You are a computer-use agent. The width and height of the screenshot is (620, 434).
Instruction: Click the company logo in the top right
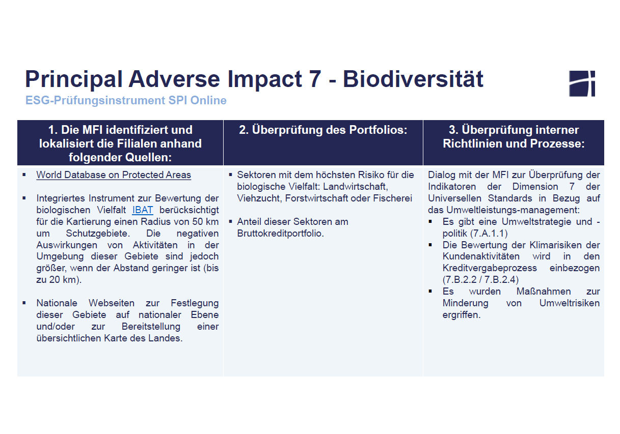[x=582, y=83]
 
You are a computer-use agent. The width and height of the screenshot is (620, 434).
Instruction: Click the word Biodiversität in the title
[x=413, y=79]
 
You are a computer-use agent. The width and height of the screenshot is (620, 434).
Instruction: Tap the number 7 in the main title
[x=315, y=79]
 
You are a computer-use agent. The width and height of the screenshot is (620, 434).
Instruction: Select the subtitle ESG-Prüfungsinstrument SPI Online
[x=126, y=100]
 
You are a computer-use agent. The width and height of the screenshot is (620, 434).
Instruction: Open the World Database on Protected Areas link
[x=114, y=175]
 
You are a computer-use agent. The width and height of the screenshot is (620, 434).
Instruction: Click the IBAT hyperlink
[x=143, y=210]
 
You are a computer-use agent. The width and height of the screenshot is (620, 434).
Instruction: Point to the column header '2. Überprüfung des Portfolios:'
[x=323, y=130]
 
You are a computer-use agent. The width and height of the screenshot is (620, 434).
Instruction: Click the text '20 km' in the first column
[x=63, y=280]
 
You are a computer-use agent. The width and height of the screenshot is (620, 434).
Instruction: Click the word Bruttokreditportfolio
[x=280, y=234]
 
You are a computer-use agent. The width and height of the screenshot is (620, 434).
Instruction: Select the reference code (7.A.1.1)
[x=489, y=234]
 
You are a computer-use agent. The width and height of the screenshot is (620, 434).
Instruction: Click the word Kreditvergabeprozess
[x=490, y=268]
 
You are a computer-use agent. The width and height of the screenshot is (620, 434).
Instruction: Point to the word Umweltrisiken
[x=570, y=303]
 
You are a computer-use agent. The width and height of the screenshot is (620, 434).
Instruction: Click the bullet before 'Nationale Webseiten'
[x=24, y=303]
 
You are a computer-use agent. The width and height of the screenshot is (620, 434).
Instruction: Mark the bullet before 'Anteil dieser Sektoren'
[x=230, y=221]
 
